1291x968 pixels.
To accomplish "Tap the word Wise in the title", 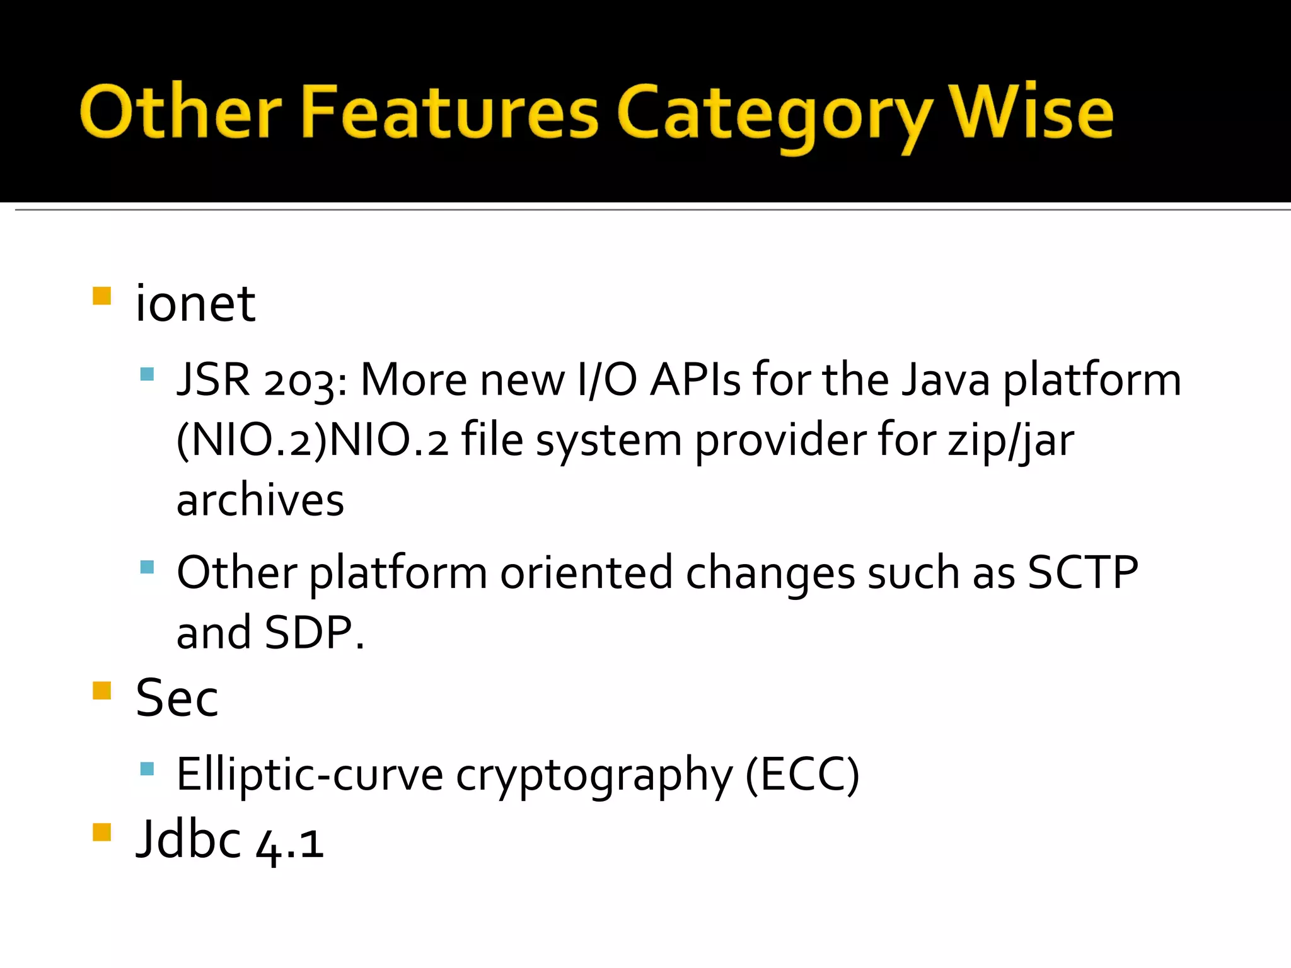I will click(1032, 112).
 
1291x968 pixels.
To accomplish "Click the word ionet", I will click(195, 304).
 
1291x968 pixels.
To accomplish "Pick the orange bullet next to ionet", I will click(101, 296).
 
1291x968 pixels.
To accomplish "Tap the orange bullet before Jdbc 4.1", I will click(101, 832).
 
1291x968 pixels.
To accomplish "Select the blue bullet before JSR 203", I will click(148, 374).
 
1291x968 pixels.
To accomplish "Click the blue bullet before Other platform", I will click(148, 567).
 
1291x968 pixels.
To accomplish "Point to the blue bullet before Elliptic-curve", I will click(148, 768).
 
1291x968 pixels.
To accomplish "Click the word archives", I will click(260, 501).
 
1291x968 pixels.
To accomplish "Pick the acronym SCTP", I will click(1082, 573).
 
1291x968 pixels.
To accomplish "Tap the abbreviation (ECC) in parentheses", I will click(802, 775).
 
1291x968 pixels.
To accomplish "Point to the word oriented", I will click(586, 573).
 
